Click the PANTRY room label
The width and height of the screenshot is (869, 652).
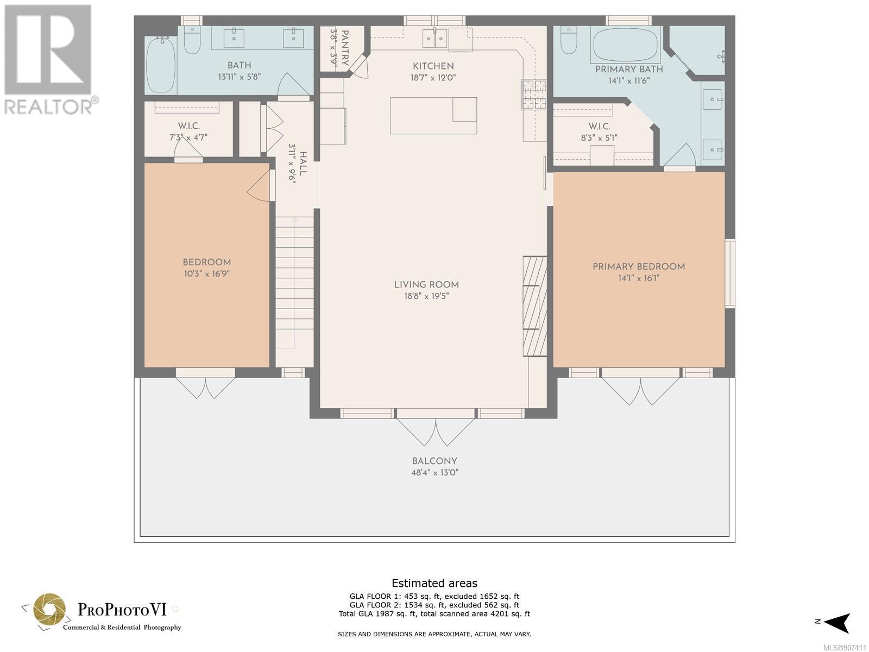point(344,47)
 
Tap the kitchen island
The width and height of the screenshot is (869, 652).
point(433,116)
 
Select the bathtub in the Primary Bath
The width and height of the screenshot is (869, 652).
point(626,45)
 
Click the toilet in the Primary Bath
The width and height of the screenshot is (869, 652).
point(569,40)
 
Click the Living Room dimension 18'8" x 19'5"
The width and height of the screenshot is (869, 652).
point(426,296)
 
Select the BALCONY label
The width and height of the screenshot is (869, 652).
point(434,461)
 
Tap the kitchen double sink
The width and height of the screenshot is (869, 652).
point(435,39)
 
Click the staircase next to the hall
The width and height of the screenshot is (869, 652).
point(294,292)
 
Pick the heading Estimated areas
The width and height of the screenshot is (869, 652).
point(434,583)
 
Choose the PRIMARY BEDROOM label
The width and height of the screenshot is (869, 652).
point(639,266)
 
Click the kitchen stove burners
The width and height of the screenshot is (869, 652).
point(534,94)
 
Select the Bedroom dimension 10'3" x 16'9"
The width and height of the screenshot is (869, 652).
point(207,273)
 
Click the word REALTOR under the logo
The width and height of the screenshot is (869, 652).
point(49,107)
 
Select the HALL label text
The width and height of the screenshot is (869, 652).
point(303,163)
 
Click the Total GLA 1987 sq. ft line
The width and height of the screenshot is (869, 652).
point(434,613)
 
